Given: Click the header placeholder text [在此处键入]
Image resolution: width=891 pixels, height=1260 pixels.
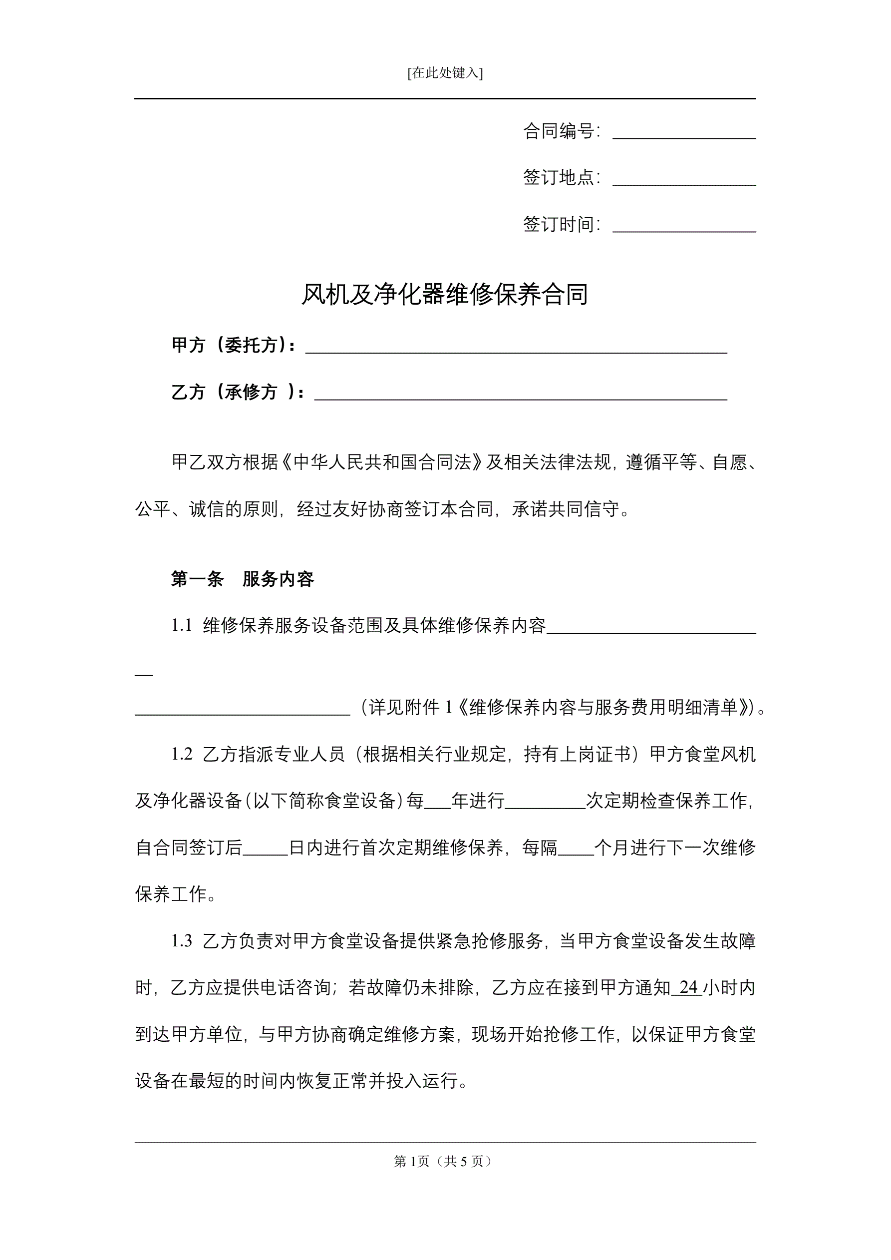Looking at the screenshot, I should coord(445,73).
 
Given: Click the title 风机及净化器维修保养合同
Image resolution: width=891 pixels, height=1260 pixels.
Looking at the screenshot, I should coord(445,295).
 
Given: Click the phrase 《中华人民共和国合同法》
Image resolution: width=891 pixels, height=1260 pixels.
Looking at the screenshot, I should coord(382,462).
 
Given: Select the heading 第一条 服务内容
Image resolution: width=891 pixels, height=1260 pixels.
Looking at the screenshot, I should coord(242,579).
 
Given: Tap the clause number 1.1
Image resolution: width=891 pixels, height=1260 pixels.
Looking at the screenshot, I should coord(182,625).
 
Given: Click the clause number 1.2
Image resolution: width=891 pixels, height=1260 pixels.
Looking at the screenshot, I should coord(182,754).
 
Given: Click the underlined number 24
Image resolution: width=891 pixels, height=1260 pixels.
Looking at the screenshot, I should coord(688,987).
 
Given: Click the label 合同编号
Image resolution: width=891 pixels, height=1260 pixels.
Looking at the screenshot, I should coord(561,131).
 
